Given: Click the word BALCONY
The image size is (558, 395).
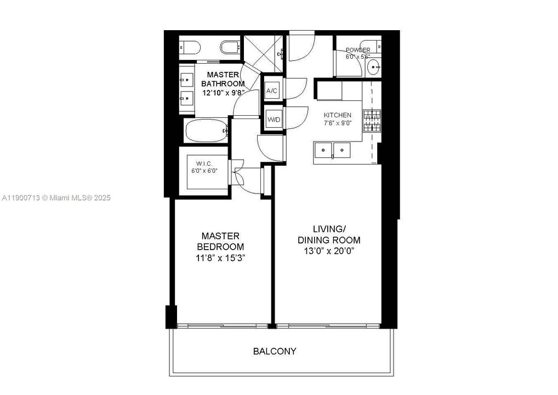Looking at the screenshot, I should point(275,351).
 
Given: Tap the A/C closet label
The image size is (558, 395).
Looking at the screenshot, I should point(272,91).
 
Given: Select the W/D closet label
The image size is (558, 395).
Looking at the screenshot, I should point(273,119).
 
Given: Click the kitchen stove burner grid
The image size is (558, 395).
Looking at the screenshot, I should point(372,121).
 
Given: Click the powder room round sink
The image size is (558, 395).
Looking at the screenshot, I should point(374,69).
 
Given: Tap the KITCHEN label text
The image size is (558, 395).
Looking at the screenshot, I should point(337,115).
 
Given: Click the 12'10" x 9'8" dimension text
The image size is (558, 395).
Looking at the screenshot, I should point(223,93).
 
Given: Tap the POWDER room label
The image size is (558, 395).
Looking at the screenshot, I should point(357,50).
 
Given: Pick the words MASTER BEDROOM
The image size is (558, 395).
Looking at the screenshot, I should point(220,241).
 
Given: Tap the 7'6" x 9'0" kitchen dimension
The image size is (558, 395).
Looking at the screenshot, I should point(337,122).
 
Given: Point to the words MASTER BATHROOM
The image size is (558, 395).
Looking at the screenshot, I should point(223,79).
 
